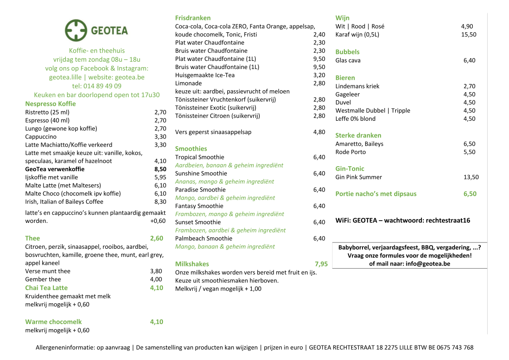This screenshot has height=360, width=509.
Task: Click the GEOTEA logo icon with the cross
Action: pos(75,30)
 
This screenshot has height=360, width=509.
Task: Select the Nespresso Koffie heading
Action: pos(50,104)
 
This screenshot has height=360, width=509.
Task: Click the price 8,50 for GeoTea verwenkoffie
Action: pos(160,169)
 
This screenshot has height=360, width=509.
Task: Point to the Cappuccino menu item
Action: pos(41,136)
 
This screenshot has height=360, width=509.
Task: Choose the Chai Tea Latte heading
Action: pos(46,288)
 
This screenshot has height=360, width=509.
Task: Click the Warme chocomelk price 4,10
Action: pos(157,322)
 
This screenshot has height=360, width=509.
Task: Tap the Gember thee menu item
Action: pos(43,279)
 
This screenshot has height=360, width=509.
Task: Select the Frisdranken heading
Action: pos(193,18)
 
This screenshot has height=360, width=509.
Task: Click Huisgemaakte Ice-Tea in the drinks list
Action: pos(205,75)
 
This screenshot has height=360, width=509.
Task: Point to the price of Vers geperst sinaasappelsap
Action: pos(319,132)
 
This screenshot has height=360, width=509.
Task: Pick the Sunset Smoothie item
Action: pos(198,222)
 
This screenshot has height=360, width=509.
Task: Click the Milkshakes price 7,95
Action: pos(321,264)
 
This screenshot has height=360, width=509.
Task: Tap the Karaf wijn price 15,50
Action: pos(469,35)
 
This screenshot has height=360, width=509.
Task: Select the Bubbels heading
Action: pos(347,52)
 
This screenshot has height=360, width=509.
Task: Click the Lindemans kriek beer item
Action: pos(357,86)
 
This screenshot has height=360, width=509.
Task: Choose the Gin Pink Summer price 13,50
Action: pos(471,177)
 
